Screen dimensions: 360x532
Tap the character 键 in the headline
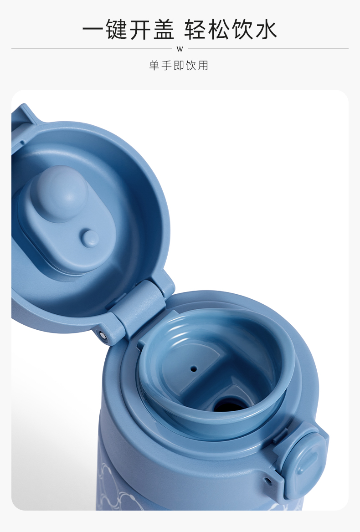click(x=116, y=30)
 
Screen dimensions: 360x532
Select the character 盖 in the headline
click(x=164, y=30)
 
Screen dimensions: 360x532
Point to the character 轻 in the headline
click(x=195, y=30)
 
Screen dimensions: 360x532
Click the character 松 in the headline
click(x=219, y=30)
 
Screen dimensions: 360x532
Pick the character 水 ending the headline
click(x=266, y=30)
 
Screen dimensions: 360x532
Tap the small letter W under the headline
click(x=180, y=49)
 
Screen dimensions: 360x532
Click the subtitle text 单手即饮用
click(x=179, y=65)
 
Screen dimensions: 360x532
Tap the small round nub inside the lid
click(x=91, y=238)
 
